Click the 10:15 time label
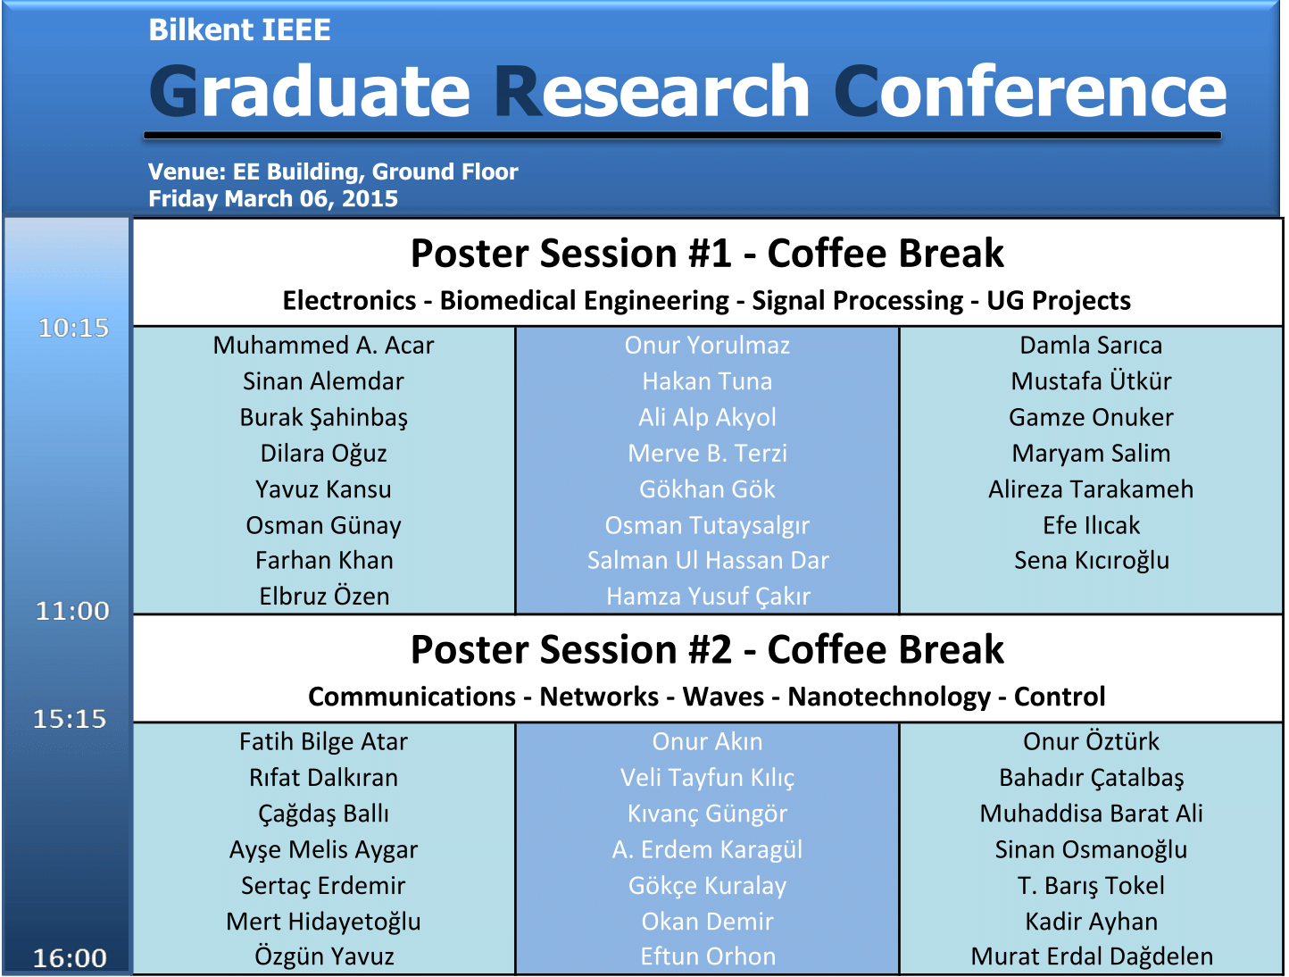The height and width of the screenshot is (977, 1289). (73, 328)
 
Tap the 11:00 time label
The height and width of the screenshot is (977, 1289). (73, 611)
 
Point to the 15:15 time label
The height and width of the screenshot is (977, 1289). (70, 719)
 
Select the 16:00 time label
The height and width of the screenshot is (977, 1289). (70, 958)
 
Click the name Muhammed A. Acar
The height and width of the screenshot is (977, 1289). (323, 346)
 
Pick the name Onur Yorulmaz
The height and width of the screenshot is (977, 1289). (707, 346)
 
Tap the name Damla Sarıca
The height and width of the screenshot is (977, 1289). (1091, 346)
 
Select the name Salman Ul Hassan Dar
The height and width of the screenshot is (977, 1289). (708, 561)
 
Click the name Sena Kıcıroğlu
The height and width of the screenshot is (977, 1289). (1092, 561)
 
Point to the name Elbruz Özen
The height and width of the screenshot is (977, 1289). (324, 597)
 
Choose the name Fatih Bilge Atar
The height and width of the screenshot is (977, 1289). (323, 742)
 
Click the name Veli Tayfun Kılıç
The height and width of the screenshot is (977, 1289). (708, 779)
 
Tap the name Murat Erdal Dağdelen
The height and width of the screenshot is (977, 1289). (1092, 957)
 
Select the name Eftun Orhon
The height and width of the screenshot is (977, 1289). (708, 956)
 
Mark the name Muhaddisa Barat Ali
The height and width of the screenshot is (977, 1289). (1091, 814)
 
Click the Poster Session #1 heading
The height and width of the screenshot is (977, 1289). (707, 254)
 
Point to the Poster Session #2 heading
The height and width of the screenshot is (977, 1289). (707, 650)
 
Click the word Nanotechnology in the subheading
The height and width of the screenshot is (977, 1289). (889, 697)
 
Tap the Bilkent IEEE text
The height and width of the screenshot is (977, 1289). (239, 30)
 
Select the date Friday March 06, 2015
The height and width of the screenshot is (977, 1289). (273, 199)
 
